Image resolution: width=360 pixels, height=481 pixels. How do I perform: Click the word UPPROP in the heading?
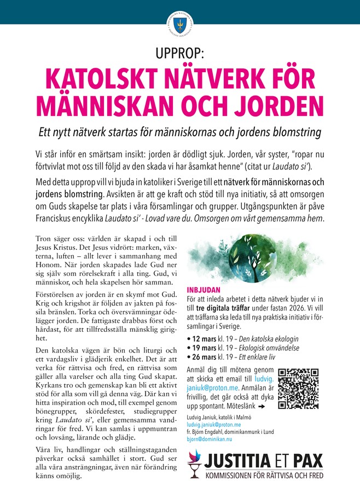(179, 54)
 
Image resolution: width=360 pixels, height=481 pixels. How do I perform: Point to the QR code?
(298, 389)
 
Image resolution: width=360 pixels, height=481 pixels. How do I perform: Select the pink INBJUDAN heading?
(204, 290)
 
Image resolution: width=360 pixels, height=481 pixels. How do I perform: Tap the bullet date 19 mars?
(204, 348)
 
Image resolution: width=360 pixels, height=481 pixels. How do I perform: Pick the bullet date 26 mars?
(204, 357)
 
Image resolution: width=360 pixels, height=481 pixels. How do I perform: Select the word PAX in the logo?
(307, 457)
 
